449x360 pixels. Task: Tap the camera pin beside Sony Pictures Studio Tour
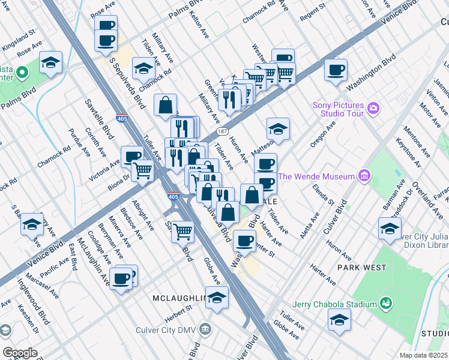click(374, 108)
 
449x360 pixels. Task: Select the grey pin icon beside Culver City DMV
click(206, 328)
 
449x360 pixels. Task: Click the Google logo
click(19, 352)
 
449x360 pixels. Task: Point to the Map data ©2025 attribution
click(423, 355)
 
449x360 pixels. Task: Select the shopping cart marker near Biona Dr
click(143, 170)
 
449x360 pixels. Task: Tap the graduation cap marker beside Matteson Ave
click(278, 128)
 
